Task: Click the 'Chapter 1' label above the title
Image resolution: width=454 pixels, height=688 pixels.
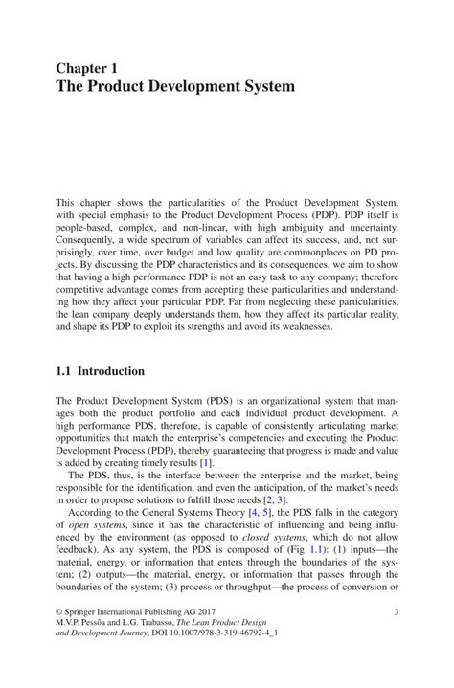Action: (x=86, y=69)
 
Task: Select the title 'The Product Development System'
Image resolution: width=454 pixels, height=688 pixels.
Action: (x=174, y=87)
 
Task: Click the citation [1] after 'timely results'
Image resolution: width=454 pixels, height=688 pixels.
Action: (x=232, y=462)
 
